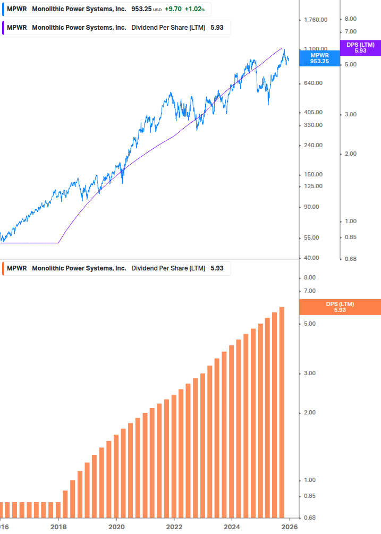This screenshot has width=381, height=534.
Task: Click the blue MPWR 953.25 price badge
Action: [x=319, y=58]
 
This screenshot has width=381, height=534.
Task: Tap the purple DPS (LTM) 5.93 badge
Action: [x=360, y=48]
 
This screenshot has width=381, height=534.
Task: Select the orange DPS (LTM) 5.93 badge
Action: [x=340, y=307]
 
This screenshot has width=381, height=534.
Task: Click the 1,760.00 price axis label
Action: [x=315, y=20]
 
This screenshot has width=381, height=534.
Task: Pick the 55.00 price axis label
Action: [x=311, y=238]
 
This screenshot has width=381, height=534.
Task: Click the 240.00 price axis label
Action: [x=312, y=145]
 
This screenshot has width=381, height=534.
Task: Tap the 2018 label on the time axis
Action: [x=58, y=527]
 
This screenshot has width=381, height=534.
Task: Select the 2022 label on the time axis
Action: [x=174, y=527]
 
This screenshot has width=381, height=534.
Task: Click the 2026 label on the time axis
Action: [x=289, y=527]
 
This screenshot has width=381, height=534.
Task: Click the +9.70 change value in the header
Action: [x=173, y=10]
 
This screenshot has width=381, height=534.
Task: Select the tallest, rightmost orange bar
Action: [x=282, y=411]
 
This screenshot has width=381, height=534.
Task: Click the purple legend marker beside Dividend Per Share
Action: [x=4, y=28]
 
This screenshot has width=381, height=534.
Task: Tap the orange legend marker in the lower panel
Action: [x=4, y=268]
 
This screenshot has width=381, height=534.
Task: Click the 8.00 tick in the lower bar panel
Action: [x=310, y=278]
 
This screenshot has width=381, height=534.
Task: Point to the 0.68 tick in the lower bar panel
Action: [x=310, y=518]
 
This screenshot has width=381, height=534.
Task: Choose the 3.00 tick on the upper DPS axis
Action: [x=350, y=114]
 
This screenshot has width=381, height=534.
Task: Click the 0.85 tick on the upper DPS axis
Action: [x=350, y=237]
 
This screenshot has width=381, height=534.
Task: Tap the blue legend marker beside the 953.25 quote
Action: [x=4, y=10]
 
